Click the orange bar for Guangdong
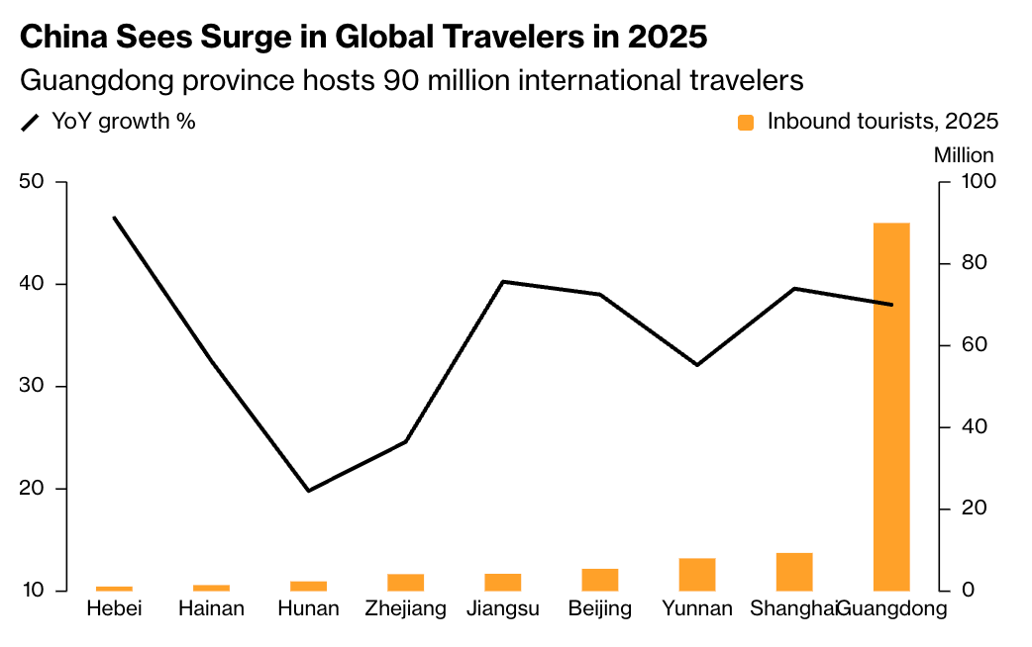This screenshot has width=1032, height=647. (x=891, y=407)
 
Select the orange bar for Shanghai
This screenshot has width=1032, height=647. (x=794, y=572)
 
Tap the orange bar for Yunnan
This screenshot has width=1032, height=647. (x=697, y=575)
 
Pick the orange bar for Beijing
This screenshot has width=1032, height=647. (x=600, y=580)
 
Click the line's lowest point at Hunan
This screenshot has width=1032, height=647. (x=308, y=491)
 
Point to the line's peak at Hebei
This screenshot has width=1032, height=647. (x=115, y=218)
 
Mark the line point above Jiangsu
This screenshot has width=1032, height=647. (x=503, y=282)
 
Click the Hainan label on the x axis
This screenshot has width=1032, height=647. (x=211, y=608)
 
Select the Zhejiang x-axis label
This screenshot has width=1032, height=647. (x=405, y=608)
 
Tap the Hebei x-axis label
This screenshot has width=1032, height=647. (x=115, y=608)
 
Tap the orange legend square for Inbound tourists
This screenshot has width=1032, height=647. (x=746, y=122)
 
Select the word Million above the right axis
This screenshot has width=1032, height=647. (x=964, y=155)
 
